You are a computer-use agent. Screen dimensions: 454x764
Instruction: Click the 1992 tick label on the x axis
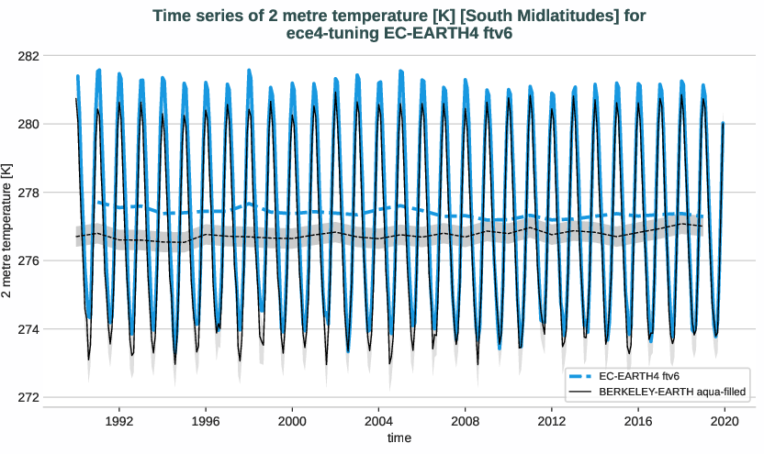[119, 421]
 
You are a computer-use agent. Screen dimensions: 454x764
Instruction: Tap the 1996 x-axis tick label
[206, 421]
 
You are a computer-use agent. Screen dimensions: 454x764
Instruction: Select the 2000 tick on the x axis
[292, 421]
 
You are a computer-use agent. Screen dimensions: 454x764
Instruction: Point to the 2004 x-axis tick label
[378, 421]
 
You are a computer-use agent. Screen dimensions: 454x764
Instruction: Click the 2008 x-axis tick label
[466, 421]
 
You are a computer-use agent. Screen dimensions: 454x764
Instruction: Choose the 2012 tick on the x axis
[552, 421]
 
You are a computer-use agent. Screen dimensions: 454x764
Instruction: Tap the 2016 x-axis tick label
[638, 421]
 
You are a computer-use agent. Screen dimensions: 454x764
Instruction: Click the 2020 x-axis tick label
[725, 421]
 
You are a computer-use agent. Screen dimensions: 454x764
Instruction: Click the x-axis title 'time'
[399, 438]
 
